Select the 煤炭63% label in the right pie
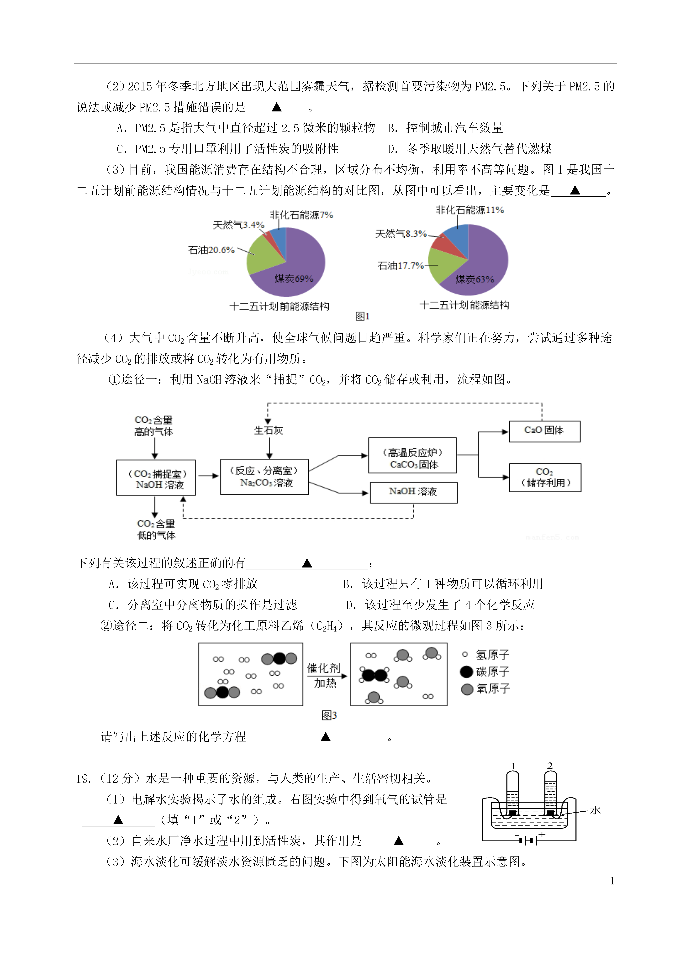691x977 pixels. (475, 279)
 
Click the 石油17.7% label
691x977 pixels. (400, 266)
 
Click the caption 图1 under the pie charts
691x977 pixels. (362, 316)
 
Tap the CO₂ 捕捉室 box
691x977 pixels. (156, 478)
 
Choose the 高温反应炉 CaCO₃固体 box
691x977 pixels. (412, 455)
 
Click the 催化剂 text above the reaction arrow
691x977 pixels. (324, 668)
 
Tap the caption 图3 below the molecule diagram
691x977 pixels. (329, 715)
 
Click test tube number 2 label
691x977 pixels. (550, 766)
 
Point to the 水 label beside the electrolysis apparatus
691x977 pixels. (595, 810)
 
